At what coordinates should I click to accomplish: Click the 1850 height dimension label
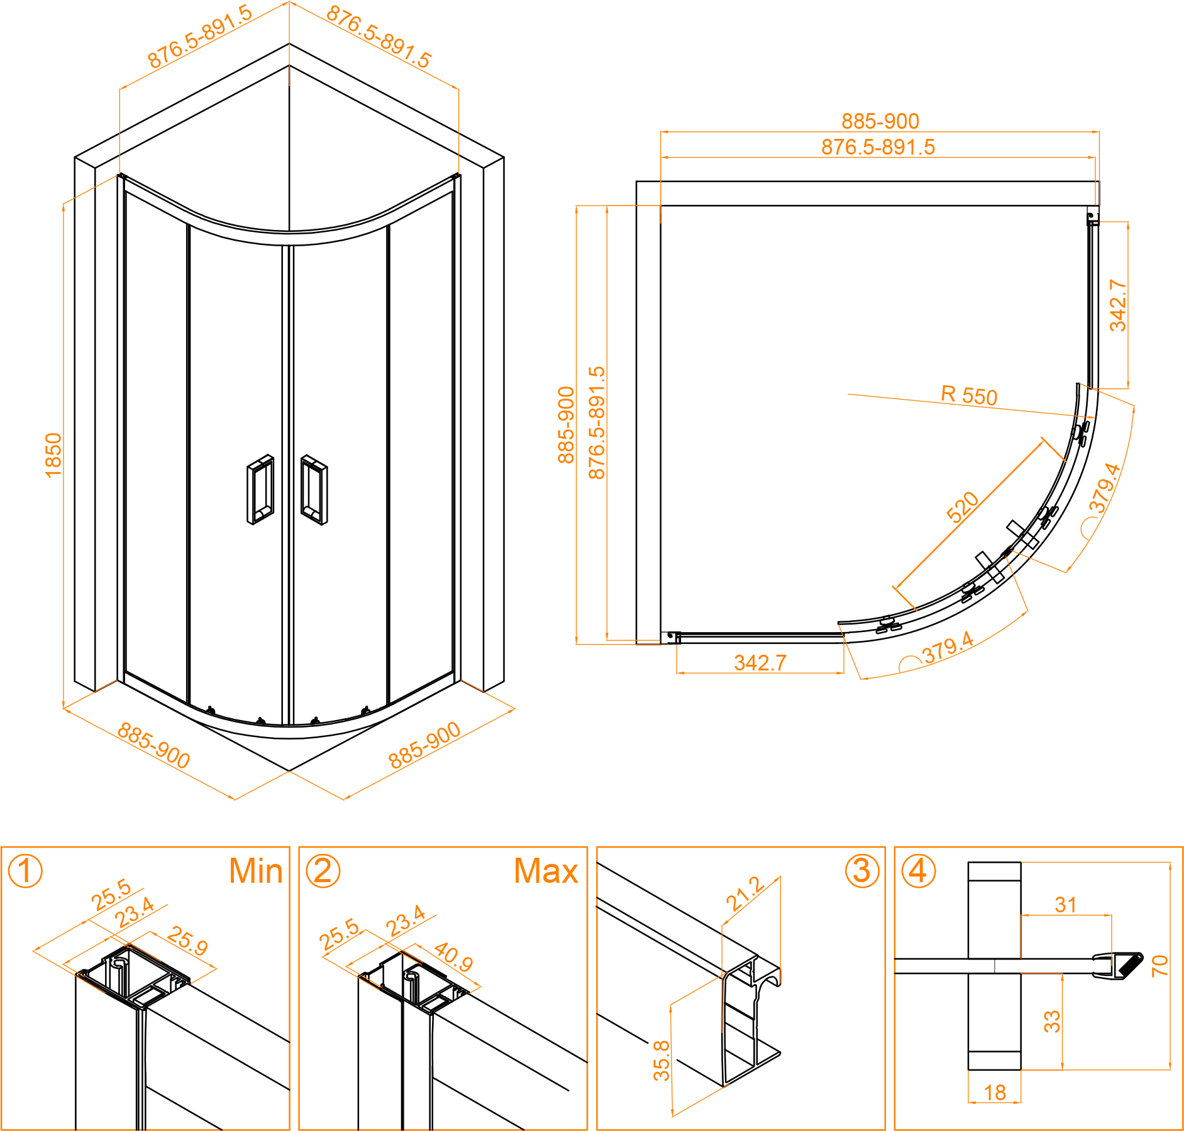point(53,455)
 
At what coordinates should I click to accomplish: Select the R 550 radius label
point(969,395)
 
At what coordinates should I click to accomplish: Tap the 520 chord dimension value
point(962,507)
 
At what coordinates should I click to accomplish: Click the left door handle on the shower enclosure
point(260,489)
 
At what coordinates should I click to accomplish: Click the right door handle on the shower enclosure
point(314,489)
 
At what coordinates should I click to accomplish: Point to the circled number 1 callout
point(25,871)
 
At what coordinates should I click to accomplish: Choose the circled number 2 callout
point(323,871)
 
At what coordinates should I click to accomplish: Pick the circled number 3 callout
point(861,871)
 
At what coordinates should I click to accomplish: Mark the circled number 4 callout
point(918,871)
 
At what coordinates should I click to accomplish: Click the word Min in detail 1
point(255,871)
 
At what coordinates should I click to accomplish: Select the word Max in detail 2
point(546,871)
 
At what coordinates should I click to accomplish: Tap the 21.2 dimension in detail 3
point(746,893)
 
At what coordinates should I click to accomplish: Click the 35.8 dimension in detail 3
point(661,1061)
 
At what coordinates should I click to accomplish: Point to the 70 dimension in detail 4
point(1159,966)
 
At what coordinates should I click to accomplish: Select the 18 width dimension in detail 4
point(995,1093)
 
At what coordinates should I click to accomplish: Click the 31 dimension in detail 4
point(1066,905)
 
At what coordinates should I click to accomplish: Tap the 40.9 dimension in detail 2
point(453,956)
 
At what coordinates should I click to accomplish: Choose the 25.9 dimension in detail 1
point(187,941)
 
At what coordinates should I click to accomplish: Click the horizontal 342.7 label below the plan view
point(760,662)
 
